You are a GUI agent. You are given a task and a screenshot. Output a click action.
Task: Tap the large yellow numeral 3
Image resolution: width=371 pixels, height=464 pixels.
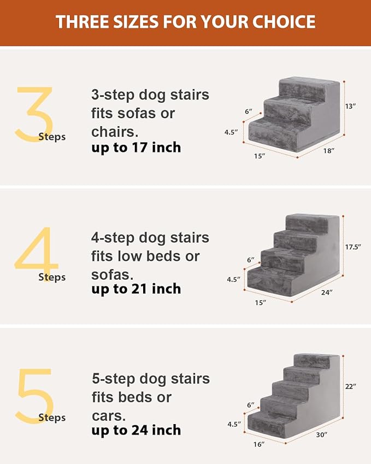coord(34,114)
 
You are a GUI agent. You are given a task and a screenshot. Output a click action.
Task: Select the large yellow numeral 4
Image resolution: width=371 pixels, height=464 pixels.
coord(36,254)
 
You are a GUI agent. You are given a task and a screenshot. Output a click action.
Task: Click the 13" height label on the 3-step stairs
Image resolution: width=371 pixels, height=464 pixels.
coord(351,105)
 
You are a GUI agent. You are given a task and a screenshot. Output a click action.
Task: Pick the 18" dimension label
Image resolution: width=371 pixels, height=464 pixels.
coord(328,150)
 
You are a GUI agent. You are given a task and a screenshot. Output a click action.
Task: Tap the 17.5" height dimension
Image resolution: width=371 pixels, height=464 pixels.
coord(352,246)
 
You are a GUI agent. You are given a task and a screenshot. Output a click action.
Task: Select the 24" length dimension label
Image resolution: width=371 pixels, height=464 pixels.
coord(327,292)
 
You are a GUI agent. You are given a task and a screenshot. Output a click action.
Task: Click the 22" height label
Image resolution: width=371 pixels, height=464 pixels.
coord(350,386)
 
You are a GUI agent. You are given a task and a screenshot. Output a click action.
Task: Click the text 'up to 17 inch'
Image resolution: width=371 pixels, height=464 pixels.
coord(136,148)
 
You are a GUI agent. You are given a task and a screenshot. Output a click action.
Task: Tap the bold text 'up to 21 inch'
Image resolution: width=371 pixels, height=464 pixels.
coord(136,289)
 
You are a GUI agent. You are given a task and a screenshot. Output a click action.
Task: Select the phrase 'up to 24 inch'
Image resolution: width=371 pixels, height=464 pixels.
coord(136,431)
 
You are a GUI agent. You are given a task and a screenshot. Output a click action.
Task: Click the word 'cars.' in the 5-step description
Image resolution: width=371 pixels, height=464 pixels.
coord(109,415)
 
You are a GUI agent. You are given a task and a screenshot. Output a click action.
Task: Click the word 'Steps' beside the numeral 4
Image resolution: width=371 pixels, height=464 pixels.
coord(52,277)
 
